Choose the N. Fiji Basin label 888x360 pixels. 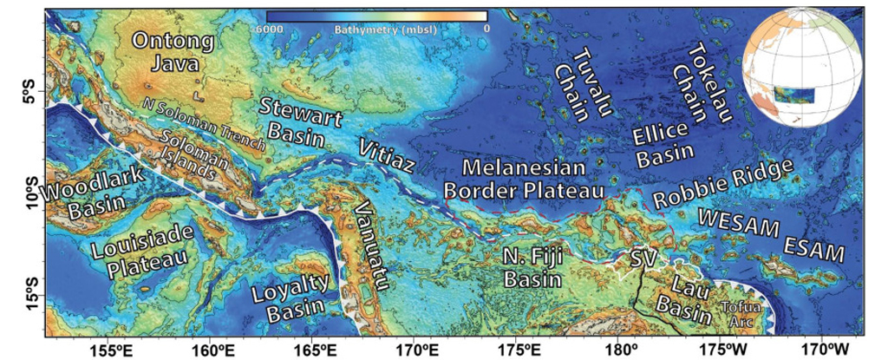pos(532,269)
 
